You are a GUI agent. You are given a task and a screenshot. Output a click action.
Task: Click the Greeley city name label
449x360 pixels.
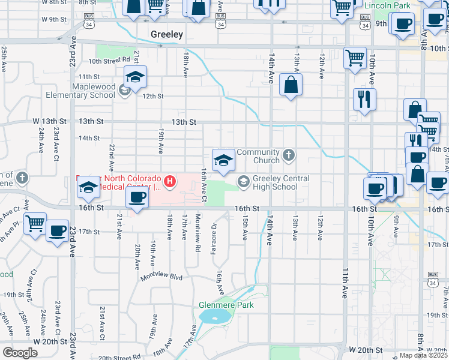click(166, 34)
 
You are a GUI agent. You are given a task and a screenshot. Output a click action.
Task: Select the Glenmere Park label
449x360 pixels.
click(226, 305)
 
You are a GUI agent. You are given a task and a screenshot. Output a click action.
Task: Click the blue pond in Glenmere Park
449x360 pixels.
click(214, 316)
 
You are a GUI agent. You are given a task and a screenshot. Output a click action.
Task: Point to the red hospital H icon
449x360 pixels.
click(171, 180)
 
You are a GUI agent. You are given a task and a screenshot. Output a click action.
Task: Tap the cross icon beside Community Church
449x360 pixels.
click(289, 156)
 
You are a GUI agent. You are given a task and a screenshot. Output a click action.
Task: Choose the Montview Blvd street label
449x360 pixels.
click(161, 277)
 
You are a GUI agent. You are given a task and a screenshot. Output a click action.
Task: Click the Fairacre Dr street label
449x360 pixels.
click(214, 238)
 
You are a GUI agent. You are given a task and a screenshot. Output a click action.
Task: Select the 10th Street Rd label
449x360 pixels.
click(109, 60)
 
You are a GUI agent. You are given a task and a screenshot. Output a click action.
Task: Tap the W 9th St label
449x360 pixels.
click(54, 19)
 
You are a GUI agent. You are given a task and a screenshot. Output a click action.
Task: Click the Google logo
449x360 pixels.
click(20, 353)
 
